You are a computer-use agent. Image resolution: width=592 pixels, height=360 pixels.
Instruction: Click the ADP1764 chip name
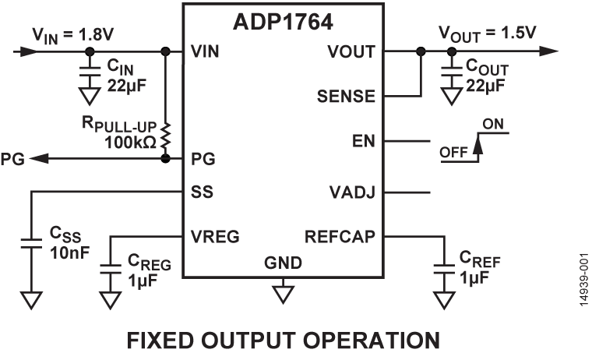(283, 21)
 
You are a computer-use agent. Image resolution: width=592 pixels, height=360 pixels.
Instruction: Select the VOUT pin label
(351, 52)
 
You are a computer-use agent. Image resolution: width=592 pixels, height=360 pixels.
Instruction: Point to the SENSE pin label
(347, 97)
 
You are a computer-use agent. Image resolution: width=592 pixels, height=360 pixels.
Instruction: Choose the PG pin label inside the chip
(202, 158)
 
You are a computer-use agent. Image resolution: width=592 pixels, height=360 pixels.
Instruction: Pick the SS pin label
(201, 191)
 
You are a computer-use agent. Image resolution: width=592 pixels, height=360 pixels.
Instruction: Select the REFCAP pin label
(341, 235)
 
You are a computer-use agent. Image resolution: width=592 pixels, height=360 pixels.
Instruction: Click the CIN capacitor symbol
(90, 72)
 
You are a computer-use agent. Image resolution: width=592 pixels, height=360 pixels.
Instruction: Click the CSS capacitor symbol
(31, 244)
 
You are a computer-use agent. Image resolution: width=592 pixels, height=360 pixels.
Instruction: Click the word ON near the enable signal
(492, 124)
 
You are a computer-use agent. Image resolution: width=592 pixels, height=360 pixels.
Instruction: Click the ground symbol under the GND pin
(282, 294)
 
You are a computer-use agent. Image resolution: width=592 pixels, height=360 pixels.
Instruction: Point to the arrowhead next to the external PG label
(39, 158)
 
